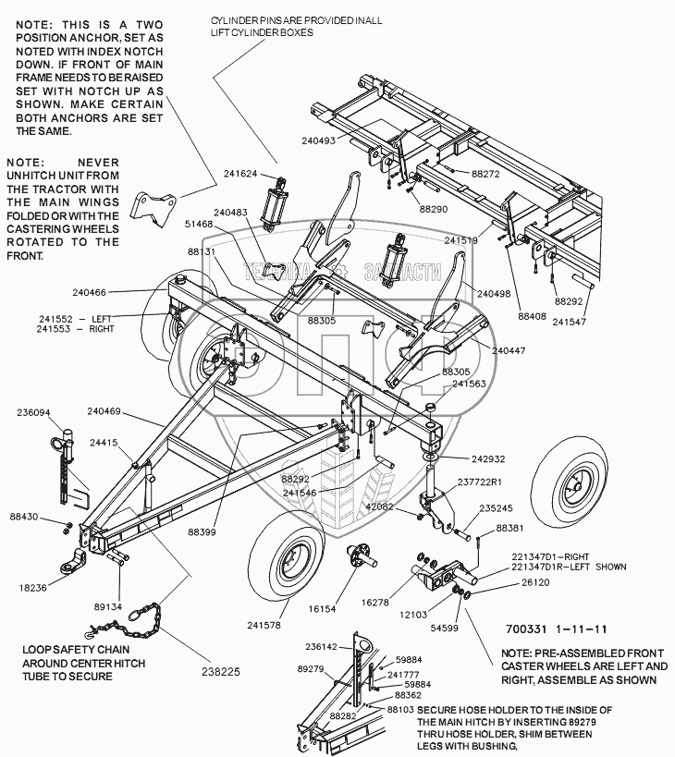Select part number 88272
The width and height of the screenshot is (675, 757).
(x=485, y=173)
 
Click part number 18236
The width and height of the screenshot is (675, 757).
(x=31, y=587)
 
